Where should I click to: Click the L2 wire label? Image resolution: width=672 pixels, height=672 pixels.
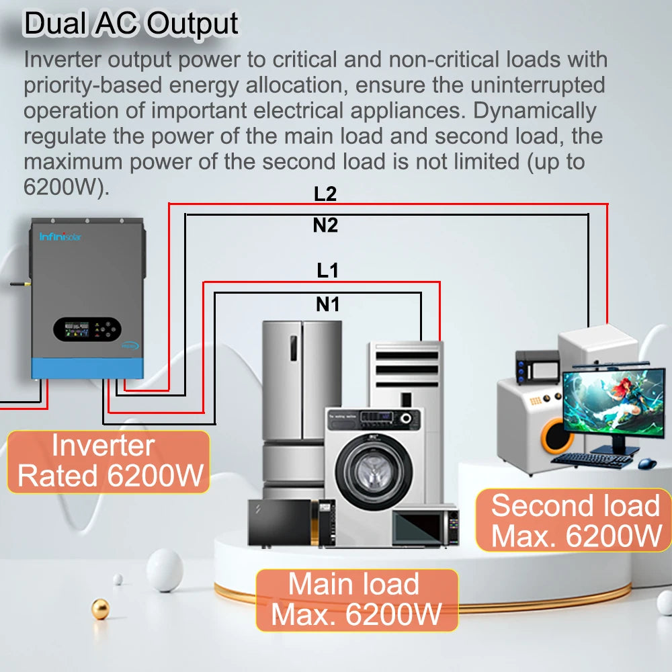(325, 194)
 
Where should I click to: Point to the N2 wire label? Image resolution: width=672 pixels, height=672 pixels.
(325, 226)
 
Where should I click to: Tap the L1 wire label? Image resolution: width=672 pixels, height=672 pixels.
(328, 271)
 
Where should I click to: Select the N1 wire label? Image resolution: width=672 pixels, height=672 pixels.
(328, 305)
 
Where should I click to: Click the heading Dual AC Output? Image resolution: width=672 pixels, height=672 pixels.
(131, 24)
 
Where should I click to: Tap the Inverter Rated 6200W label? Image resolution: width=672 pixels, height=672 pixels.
(109, 462)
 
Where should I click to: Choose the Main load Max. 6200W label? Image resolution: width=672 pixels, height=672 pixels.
(356, 599)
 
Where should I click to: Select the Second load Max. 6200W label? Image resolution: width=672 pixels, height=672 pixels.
(575, 520)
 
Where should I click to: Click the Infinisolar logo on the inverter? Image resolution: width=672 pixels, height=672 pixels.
(60, 237)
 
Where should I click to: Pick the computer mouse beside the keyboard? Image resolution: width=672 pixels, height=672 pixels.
(647, 463)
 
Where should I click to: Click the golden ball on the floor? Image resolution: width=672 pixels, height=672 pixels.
(100, 609)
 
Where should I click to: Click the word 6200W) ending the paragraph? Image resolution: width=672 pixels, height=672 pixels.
(65, 187)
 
